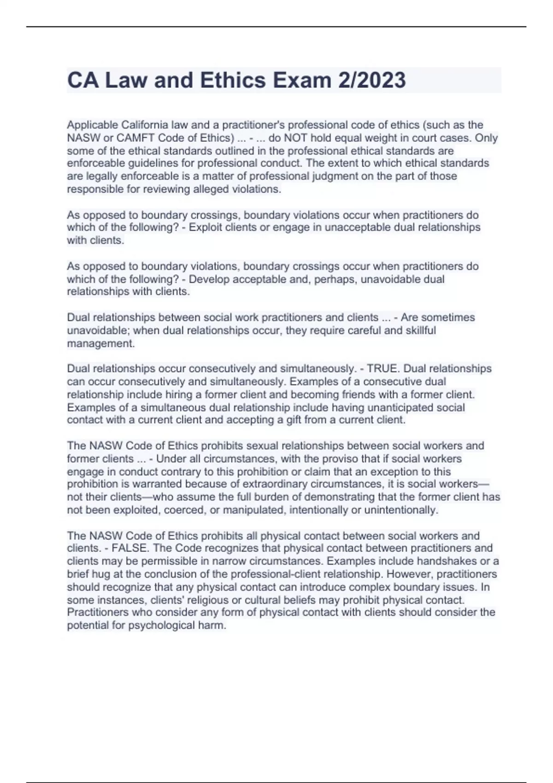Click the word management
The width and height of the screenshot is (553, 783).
tap(100, 343)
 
